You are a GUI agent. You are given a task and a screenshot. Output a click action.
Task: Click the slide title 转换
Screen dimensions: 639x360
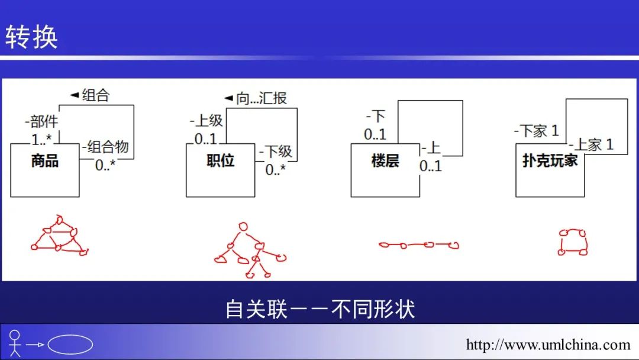31,37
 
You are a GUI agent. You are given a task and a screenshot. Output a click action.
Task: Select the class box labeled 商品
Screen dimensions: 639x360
45,170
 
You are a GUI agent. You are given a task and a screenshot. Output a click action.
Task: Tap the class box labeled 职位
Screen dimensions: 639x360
221,170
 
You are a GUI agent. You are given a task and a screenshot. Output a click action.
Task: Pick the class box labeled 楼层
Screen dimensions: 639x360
385,170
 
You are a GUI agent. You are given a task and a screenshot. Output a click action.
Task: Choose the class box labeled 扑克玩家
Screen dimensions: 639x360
550,170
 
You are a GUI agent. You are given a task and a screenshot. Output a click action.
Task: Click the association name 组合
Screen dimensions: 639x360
96,95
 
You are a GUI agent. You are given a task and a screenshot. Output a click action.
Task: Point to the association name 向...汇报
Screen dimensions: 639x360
262,98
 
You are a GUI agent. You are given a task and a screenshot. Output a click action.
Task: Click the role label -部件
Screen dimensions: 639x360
41,121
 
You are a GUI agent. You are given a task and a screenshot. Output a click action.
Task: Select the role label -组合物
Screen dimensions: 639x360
105,146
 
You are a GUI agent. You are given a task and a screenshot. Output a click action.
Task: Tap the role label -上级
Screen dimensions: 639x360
206,120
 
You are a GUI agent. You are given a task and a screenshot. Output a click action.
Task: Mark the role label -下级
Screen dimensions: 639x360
276,151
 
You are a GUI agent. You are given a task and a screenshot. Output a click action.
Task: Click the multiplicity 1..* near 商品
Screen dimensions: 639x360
42,139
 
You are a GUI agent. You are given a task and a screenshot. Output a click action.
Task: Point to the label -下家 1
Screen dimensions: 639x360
536,131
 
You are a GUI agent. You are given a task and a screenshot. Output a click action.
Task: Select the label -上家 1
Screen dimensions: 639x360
591,144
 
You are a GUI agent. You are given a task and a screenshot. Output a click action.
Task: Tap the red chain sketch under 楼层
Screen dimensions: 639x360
418,245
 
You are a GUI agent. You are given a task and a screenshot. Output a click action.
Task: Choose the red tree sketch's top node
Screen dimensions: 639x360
243,227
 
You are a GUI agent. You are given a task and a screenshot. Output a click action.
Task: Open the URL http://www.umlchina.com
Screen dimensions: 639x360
548,345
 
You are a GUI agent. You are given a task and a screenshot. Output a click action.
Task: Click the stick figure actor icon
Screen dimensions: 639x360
15,343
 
